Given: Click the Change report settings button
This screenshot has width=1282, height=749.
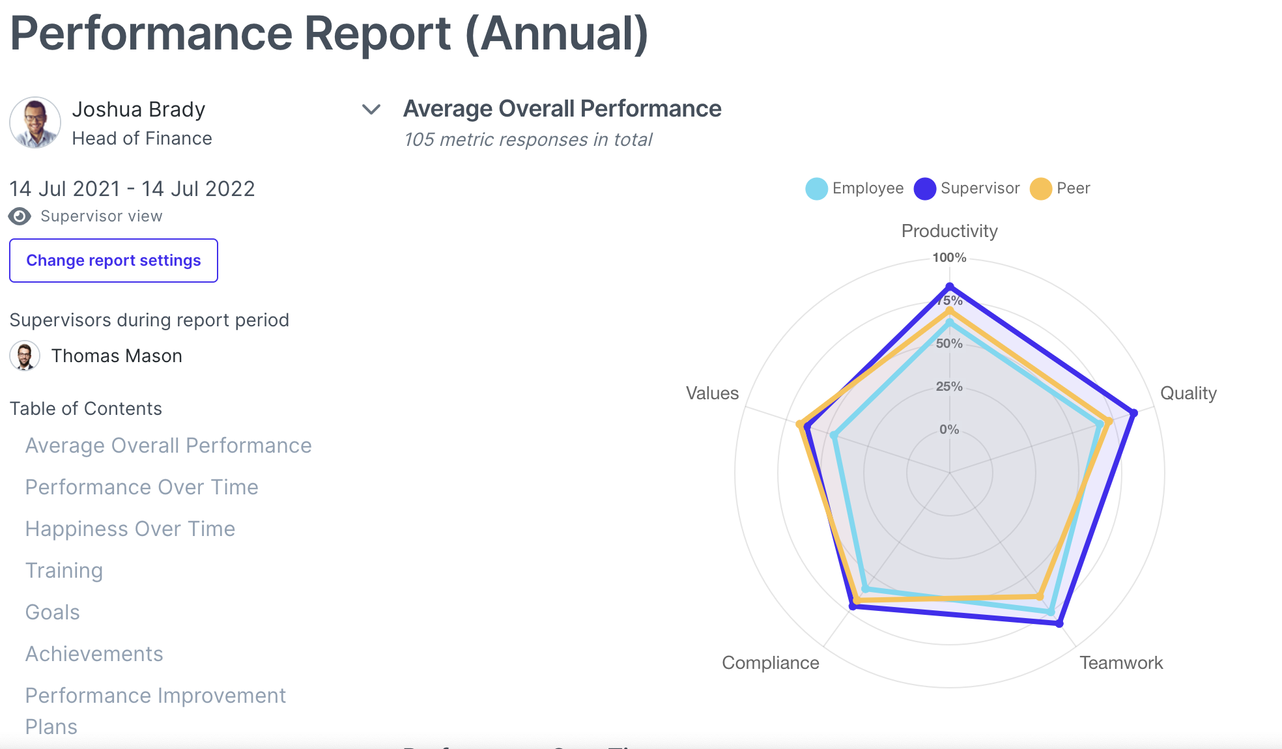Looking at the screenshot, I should [113, 261].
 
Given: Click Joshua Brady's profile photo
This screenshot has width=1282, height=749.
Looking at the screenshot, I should [35, 122].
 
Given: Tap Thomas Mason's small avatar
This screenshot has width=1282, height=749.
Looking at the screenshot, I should [25, 356].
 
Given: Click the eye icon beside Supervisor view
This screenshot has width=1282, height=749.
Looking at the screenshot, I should [20, 216].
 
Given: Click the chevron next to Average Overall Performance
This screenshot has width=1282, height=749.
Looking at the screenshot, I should [371, 109].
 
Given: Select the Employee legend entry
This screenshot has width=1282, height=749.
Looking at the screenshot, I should [855, 188].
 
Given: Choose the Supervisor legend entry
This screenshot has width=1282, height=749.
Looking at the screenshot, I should [967, 188].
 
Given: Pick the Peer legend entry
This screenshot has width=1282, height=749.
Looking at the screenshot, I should [1061, 188].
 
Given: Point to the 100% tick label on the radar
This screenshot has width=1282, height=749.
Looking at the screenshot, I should [949, 257].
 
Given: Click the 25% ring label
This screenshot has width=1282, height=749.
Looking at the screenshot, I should [949, 386].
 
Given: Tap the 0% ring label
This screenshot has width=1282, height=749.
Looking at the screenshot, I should [949, 429].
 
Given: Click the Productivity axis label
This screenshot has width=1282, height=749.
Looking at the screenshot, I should [949, 231].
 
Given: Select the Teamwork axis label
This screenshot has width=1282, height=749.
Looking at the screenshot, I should [1120, 663].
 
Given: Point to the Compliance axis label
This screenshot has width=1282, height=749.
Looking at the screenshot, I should [771, 663].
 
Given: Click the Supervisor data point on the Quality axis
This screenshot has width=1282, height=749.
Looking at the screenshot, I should [1133, 413].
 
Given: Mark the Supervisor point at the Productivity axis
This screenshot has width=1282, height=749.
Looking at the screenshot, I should [950, 287].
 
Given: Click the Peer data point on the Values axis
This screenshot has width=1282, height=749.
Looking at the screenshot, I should [800, 425].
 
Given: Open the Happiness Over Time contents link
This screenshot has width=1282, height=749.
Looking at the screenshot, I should [130, 529].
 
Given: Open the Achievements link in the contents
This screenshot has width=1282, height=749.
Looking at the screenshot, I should [94, 654].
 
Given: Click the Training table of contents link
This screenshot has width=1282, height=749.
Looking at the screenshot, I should [64, 571].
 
